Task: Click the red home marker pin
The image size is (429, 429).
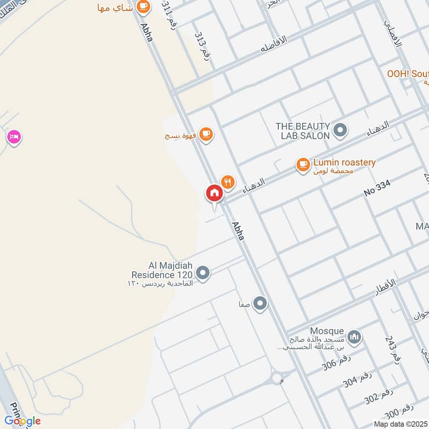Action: click(x=214, y=193)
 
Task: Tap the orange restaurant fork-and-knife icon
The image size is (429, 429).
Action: click(x=228, y=182)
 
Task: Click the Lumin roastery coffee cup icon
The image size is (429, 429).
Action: click(x=303, y=165)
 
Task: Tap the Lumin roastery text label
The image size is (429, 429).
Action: click(x=344, y=162)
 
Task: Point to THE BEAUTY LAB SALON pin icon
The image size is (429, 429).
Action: click(x=339, y=130)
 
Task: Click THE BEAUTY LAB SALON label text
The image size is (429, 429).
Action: click(x=302, y=131)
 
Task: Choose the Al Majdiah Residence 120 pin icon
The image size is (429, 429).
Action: click(x=203, y=273)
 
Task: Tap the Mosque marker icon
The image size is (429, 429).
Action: click(x=354, y=337)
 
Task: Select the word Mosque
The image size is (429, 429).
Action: click(x=327, y=331)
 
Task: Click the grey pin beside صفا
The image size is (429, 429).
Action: click(x=261, y=304)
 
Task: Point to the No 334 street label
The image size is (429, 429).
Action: click(x=378, y=188)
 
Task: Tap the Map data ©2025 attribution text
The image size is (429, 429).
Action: click(x=401, y=424)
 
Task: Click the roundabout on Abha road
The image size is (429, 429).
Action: click(x=277, y=379)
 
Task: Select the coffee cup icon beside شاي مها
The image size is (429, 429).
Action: click(x=143, y=6)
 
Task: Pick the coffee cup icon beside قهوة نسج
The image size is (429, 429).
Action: click(x=205, y=134)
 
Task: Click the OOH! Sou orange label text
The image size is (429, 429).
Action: click(x=408, y=73)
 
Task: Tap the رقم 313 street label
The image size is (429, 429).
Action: click(x=203, y=45)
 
